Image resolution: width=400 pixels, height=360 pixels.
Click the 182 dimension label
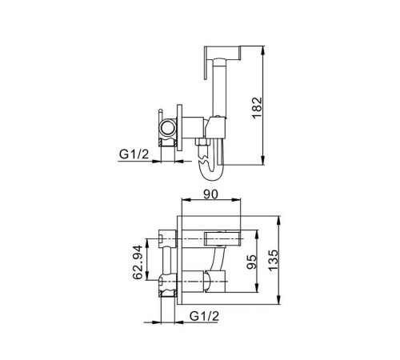258,108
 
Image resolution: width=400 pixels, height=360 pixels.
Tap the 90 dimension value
210,194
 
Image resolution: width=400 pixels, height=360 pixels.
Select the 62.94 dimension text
138,262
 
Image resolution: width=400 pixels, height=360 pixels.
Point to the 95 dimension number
251,262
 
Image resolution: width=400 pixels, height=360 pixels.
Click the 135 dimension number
273,260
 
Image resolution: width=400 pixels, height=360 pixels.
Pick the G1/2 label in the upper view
134,154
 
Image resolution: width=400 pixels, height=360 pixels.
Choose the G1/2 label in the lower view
204,316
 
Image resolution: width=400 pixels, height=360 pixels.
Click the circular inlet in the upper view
168,126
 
